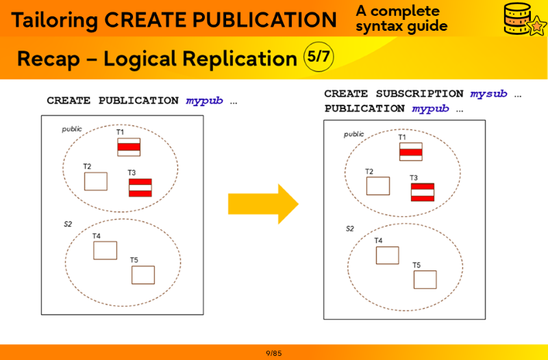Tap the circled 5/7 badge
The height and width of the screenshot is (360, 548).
(x=318, y=57)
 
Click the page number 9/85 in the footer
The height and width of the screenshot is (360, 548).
(x=274, y=353)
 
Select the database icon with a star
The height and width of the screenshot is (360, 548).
(x=523, y=19)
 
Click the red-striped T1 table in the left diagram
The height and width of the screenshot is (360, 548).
(x=128, y=147)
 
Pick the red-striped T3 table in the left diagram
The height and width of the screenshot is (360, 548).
(x=140, y=188)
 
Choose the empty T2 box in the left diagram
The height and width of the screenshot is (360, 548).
(x=95, y=181)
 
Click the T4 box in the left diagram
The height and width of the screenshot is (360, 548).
(x=105, y=250)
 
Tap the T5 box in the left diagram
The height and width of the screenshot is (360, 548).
(x=142, y=274)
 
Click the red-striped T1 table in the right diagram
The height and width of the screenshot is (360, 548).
(x=410, y=152)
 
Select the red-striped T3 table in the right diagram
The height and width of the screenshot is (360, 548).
(x=422, y=192)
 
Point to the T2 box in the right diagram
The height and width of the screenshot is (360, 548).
(x=377, y=186)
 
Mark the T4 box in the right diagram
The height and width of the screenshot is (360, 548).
(x=387, y=255)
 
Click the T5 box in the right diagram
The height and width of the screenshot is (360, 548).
(x=425, y=279)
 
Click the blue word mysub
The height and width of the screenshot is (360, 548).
(x=488, y=94)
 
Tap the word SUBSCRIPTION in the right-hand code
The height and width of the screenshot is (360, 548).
(x=419, y=94)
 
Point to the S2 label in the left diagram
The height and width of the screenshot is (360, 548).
(x=68, y=224)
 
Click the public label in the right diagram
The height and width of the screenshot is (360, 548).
(x=353, y=134)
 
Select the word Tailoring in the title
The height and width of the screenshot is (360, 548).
(x=54, y=20)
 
